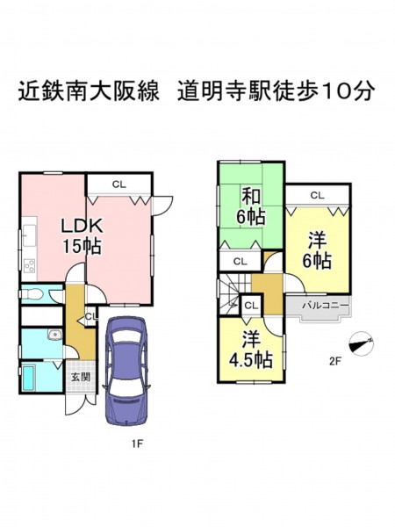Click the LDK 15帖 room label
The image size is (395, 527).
click(82, 235)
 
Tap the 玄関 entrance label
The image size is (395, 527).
click(81, 377)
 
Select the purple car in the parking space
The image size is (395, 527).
click(126, 371)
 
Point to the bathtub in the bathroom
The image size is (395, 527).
click(28, 378)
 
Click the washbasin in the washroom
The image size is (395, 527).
click(54, 335)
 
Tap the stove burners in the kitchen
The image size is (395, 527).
click(30, 265)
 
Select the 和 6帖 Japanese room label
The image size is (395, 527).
click(251, 206)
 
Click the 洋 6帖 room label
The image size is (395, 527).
click(318, 250)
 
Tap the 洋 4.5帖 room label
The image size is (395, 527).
click(250, 350)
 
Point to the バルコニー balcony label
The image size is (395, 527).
click(325, 306)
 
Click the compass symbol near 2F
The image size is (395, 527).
click(362, 343)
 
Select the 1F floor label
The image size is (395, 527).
click(138, 444)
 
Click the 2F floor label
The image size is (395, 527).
click(335, 361)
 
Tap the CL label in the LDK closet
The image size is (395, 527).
click(119, 184)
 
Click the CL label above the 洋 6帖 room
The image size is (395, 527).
click(318, 195)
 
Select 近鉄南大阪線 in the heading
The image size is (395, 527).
click(89, 90)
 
